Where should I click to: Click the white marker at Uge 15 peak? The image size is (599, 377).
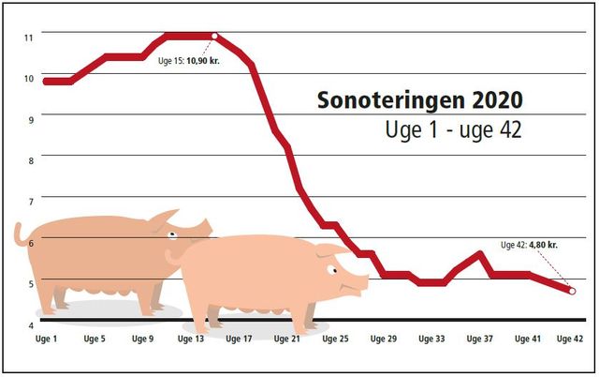(215, 37)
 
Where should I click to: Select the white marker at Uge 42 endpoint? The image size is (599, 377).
(573, 291)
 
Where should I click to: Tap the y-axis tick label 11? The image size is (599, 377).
(29, 37)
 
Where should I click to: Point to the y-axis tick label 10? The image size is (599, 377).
(29, 78)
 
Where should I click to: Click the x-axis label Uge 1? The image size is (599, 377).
(46, 339)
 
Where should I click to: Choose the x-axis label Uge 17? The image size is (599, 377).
(240, 339)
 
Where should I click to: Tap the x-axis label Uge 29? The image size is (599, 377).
(384, 339)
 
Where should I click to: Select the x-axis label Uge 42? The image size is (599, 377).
(571, 339)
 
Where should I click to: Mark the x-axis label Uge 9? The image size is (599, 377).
(143, 339)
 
